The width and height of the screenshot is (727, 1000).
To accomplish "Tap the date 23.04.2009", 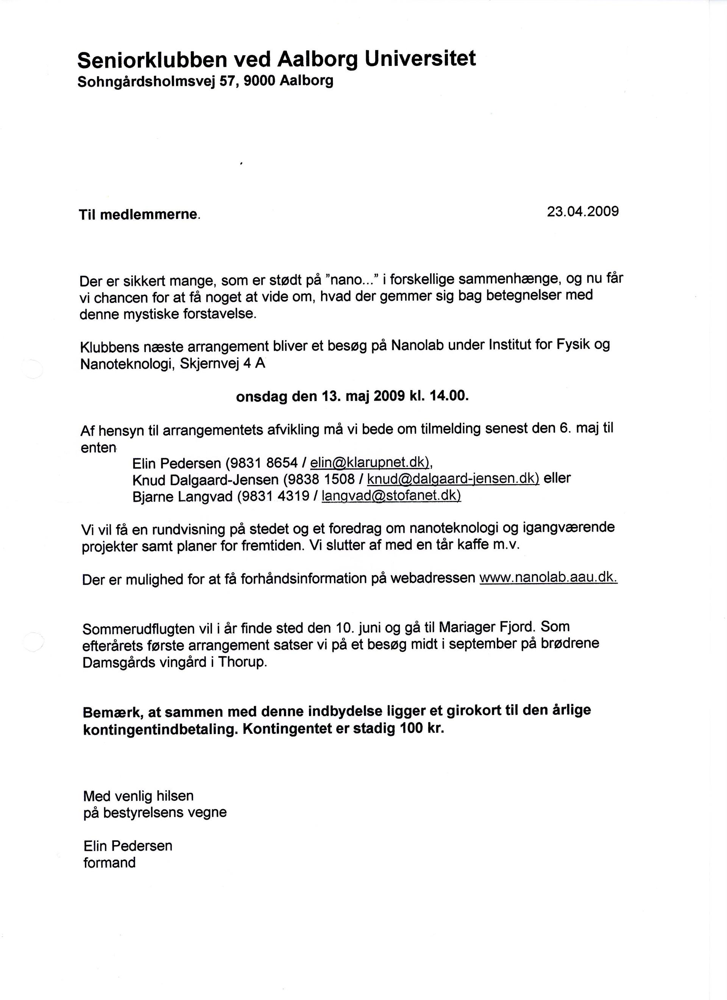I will tap(582, 212).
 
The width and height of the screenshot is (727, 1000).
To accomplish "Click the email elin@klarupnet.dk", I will tap(370, 463).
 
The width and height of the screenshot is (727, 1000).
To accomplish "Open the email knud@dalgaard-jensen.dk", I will tap(453, 479).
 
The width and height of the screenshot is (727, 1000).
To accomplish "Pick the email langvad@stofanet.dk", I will tap(391, 496).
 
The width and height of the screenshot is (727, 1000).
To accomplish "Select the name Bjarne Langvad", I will tap(182, 496).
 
